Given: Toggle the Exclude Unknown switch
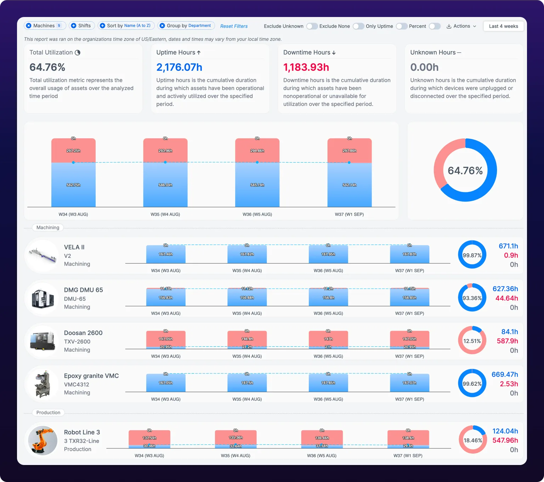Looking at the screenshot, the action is [x=312, y=26].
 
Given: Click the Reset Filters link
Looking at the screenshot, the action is [x=234, y=26].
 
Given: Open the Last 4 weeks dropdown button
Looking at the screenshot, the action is [x=504, y=26].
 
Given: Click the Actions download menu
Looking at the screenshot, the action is [x=461, y=26].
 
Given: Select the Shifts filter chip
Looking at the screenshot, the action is [x=81, y=25].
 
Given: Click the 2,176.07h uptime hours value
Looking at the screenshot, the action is [x=179, y=67].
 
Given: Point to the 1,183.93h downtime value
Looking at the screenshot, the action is [x=306, y=67].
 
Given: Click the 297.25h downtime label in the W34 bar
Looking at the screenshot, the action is [x=73, y=151].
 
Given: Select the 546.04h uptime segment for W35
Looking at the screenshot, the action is [x=165, y=185].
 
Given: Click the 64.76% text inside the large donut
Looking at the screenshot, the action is [x=465, y=170].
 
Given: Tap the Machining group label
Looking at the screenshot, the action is [x=48, y=227].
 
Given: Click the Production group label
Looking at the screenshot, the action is [x=48, y=413].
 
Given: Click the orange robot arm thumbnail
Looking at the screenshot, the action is [x=43, y=441].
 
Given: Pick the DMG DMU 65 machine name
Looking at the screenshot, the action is [x=83, y=290].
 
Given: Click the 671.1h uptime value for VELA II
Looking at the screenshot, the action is [x=508, y=246].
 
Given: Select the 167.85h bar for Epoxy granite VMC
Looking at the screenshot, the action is [x=328, y=382].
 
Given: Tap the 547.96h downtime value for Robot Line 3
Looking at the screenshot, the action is [x=505, y=440].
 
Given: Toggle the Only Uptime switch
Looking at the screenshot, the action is [x=401, y=26].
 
